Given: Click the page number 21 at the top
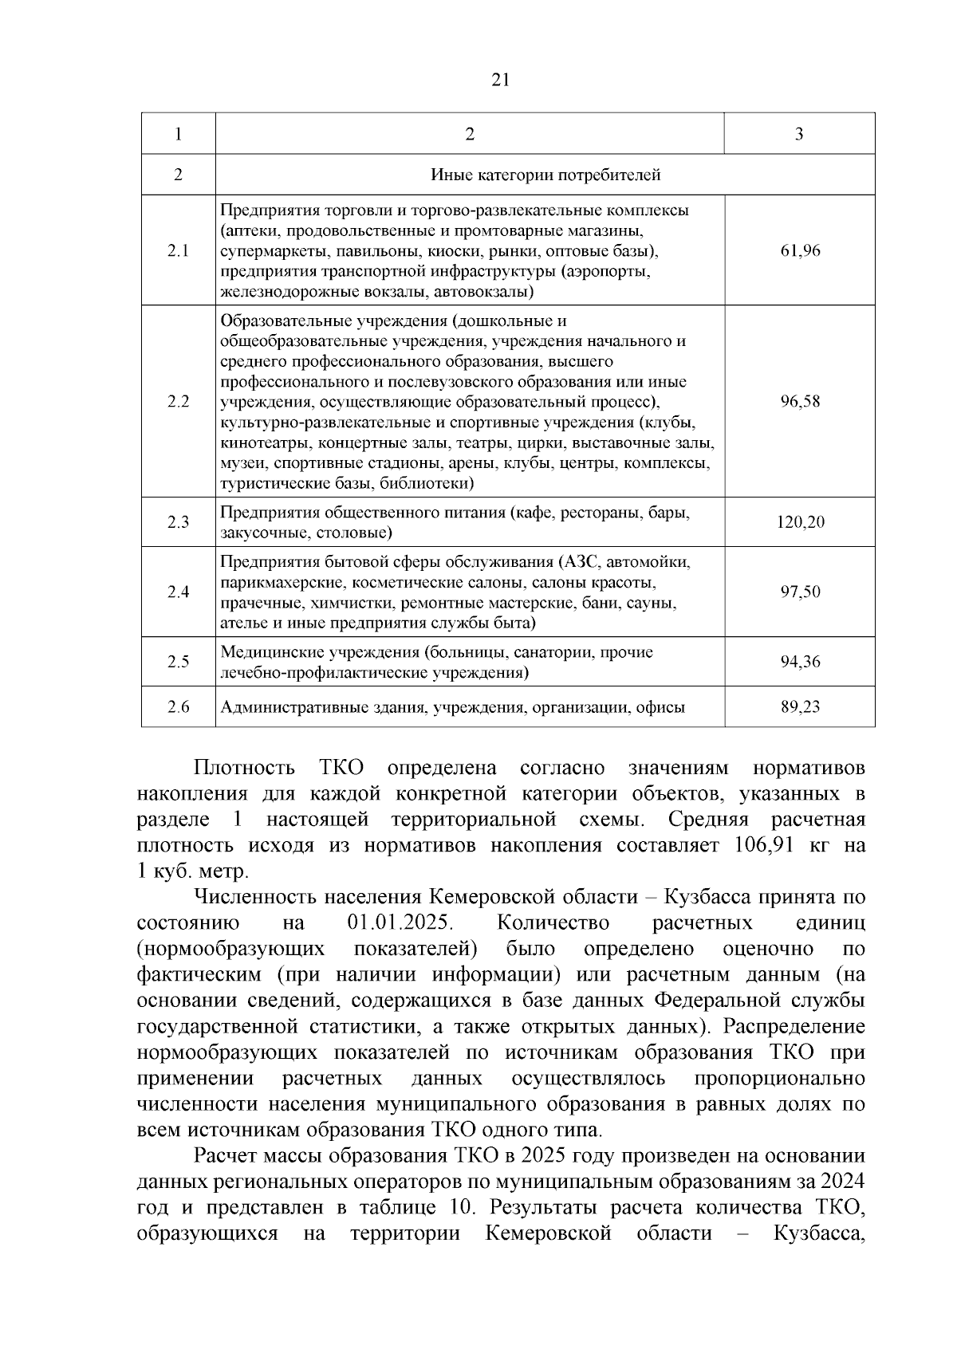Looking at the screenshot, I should point(501,80).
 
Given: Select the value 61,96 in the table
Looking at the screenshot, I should point(800,251).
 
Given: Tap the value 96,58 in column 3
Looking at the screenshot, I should point(800,402).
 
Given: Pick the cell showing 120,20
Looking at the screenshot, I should point(800,523).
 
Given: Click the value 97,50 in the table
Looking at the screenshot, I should point(800,592).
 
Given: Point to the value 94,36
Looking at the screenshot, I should point(800,662).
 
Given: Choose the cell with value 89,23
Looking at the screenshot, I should point(800,706).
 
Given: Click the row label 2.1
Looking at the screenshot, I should point(178,251).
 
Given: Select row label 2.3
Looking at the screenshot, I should point(178,523).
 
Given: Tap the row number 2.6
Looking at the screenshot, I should point(178,706).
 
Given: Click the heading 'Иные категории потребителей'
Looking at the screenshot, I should point(545,175).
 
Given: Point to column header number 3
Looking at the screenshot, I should point(799,134).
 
